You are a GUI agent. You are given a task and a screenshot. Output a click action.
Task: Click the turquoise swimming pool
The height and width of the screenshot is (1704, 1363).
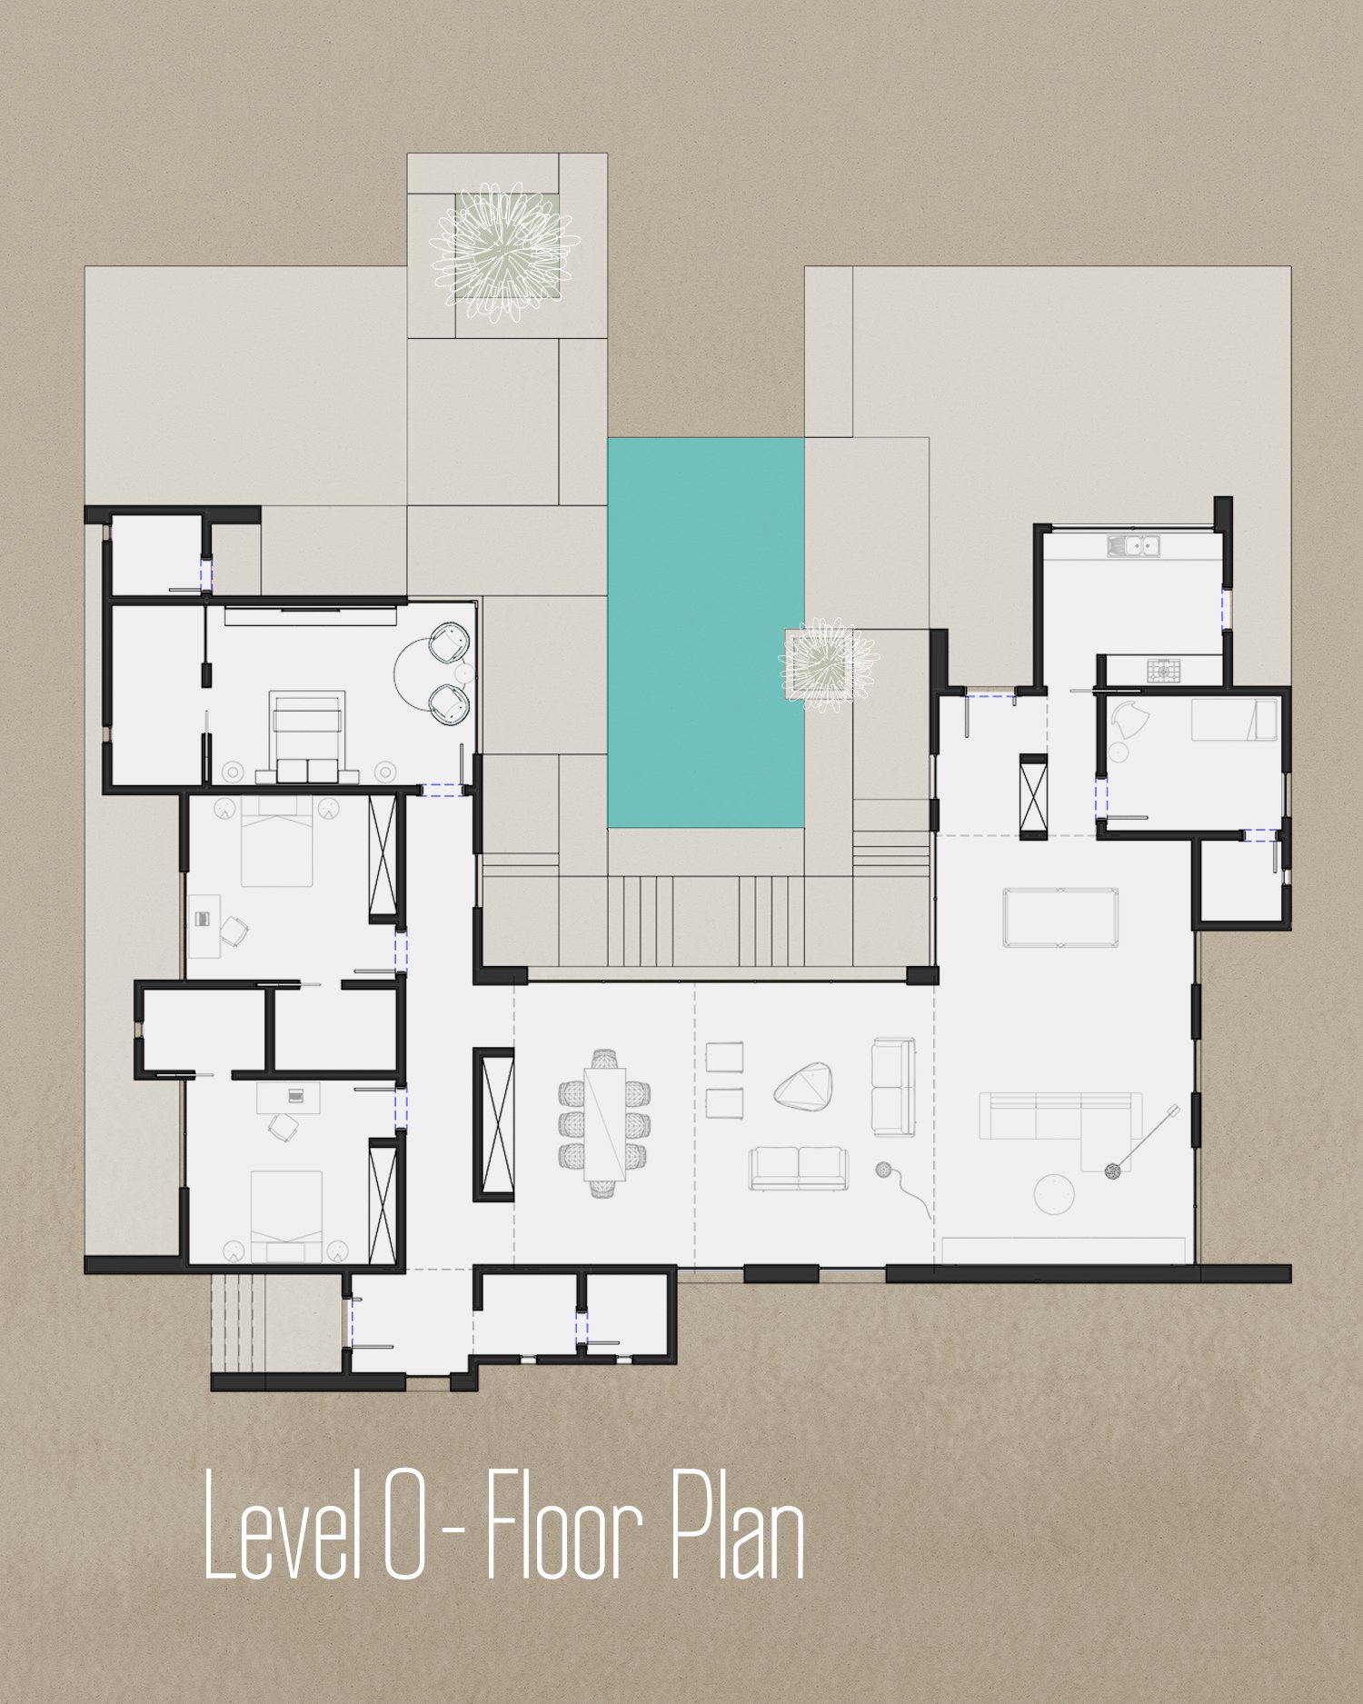pyautogui.click(x=705, y=633)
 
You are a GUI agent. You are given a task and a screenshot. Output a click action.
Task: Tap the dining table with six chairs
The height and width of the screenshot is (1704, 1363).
pyautogui.click(x=604, y=1123)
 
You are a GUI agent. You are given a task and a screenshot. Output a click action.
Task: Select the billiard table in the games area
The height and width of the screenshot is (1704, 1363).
pyautogui.click(x=1060, y=918)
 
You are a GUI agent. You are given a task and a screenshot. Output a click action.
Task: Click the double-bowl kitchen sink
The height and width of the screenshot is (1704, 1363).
pyautogui.click(x=1134, y=546)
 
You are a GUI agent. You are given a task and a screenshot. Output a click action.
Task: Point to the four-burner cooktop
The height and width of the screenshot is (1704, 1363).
pyautogui.click(x=1161, y=672)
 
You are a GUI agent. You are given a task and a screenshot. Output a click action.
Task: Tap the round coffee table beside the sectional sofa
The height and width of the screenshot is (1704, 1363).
pyautogui.click(x=1055, y=1193)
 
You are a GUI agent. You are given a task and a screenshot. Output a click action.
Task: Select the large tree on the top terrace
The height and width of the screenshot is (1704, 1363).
pyautogui.click(x=502, y=254)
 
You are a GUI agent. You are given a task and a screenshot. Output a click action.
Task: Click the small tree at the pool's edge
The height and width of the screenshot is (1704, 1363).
pyautogui.click(x=827, y=665)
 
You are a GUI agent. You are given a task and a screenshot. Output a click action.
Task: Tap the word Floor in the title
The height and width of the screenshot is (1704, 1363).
pyautogui.click(x=565, y=1526)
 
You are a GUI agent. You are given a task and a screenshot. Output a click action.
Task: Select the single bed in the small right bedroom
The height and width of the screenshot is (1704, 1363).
pyautogui.click(x=1235, y=720)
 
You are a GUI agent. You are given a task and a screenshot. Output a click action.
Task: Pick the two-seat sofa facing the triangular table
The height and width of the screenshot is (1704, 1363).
pyautogui.click(x=799, y=1169)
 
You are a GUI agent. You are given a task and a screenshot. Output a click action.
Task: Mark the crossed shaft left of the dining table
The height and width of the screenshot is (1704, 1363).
pyautogui.click(x=493, y=1124)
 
